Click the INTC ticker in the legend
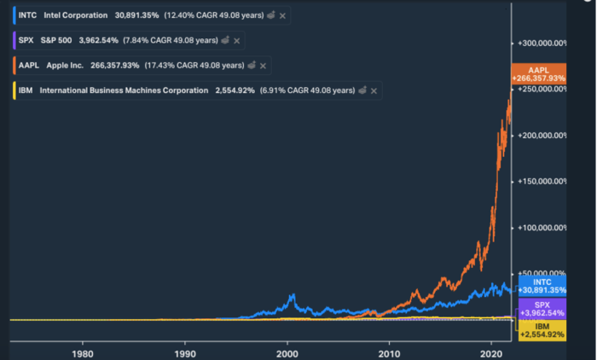(28, 15)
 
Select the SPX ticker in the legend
(27, 40)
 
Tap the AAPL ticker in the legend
(29, 65)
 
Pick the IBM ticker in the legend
(26, 90)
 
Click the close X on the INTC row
(282, 15)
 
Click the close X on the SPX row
(236, 40)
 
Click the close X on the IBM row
(375, 90)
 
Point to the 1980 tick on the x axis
(82, 351)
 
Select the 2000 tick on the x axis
(287, 351)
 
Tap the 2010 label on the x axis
(390, 351)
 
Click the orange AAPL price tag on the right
(538, 74)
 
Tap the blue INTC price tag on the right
(538, 286)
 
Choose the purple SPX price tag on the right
(538, 309)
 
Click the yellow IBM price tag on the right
(538, 330)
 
